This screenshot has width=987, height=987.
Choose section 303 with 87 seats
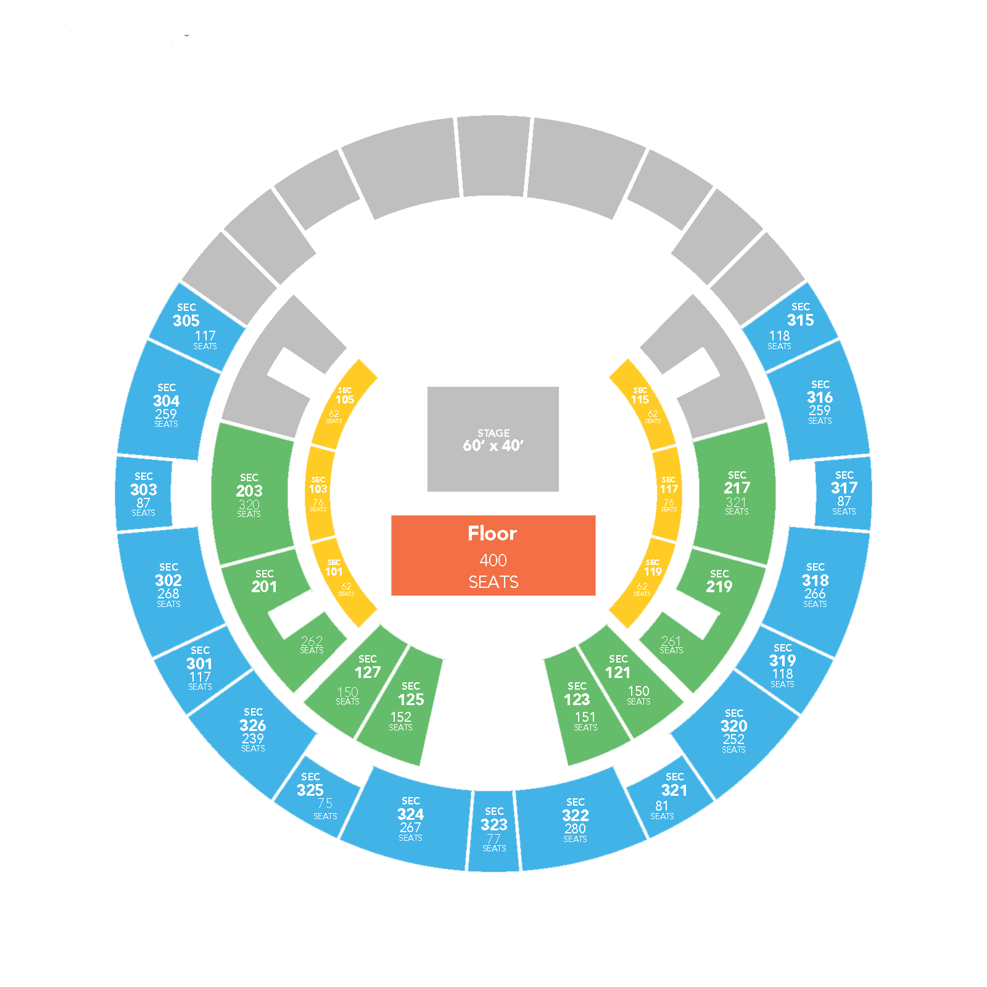coord(144,493)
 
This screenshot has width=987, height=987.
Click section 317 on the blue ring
coord(843,492)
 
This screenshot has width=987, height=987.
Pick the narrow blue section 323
coord(493,830)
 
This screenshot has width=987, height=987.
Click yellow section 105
coord(344,404)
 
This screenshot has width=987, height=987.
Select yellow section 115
coord(643,404)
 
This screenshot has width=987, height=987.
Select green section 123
coord(583,706)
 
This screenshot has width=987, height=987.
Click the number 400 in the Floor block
coord(493,560)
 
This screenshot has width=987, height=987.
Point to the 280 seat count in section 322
coord(575,829)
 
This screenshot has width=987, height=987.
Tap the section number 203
coord(249,491)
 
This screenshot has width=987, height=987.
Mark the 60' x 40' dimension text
coord(493,445)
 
